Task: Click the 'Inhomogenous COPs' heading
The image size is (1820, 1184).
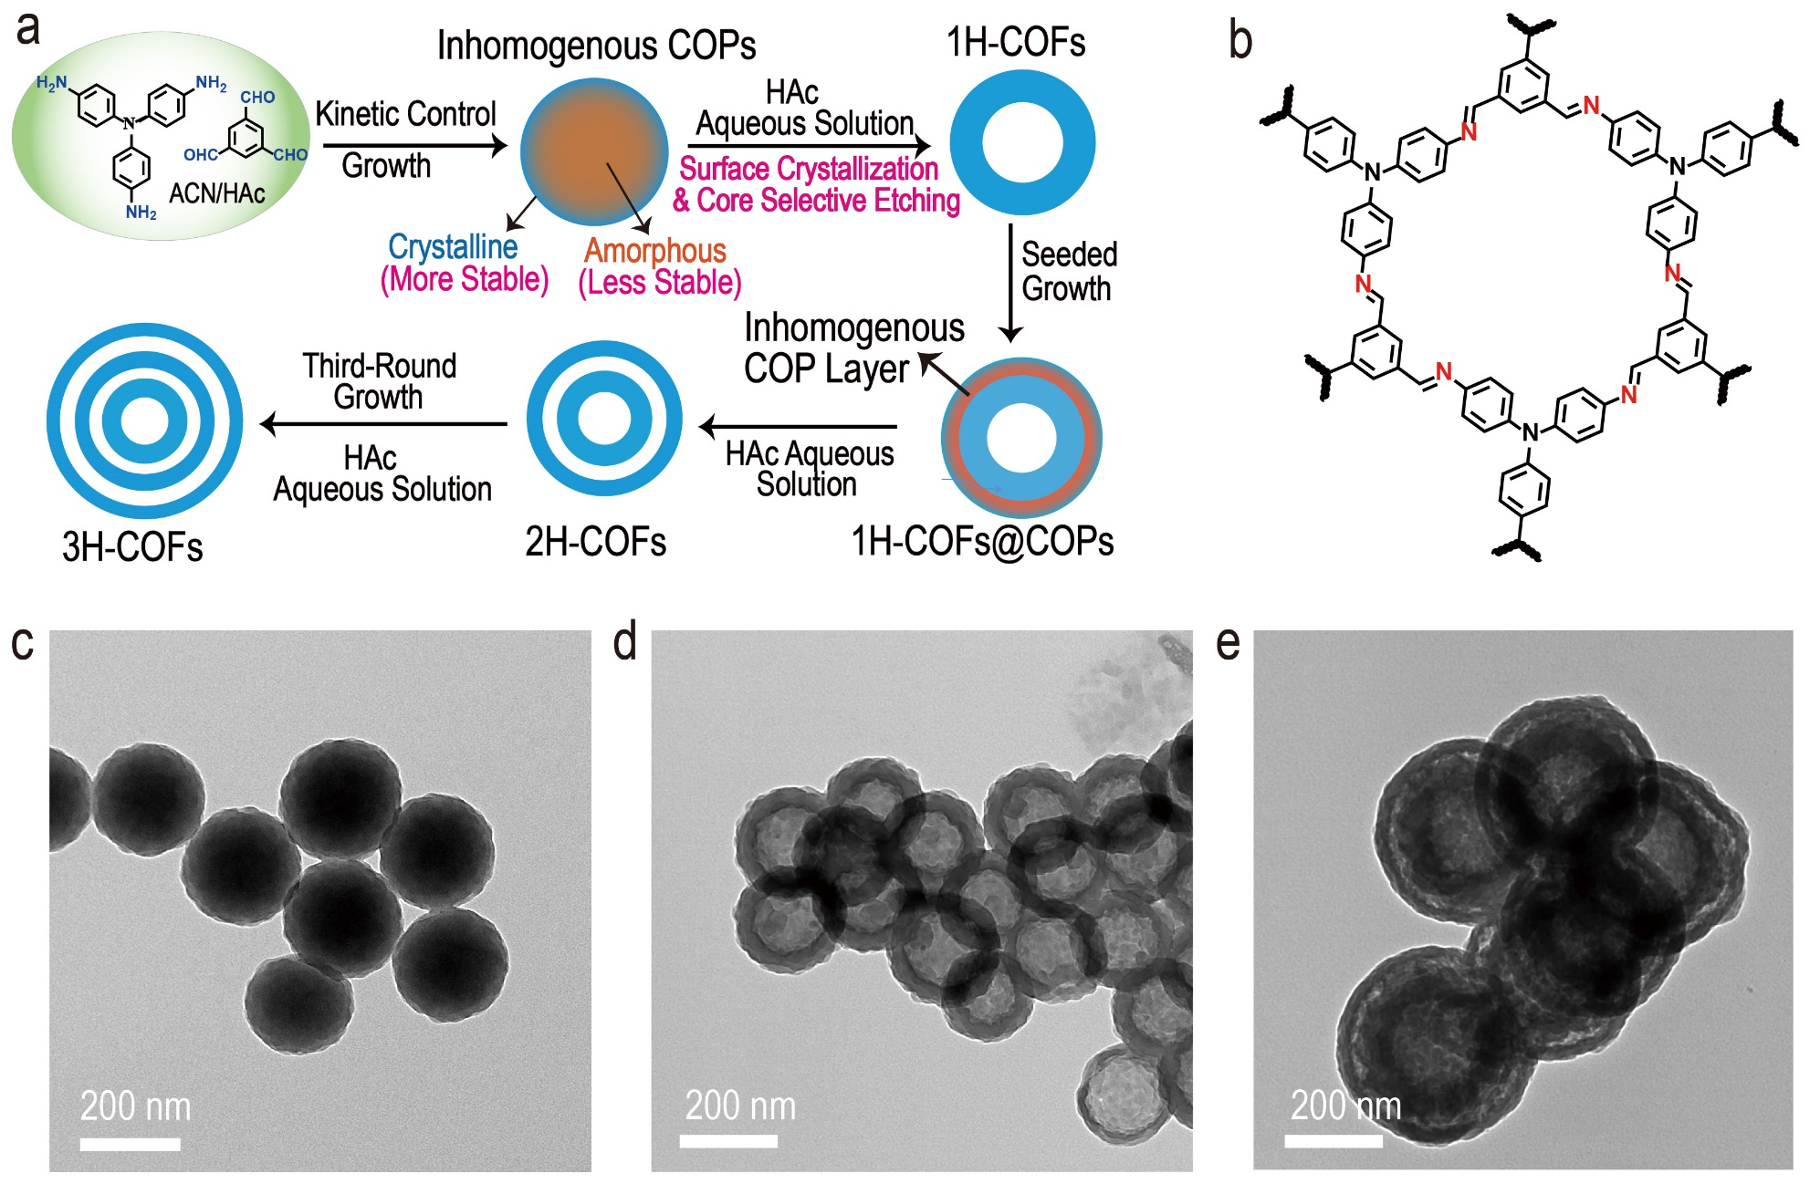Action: tap(596, 45)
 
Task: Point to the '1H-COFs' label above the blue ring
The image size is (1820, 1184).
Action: tap(1016, 42)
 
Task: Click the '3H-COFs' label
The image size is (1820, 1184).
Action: tap(132, 546)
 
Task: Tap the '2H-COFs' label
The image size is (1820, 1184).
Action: tap(595, 542)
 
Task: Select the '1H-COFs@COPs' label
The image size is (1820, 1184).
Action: tap(982, 542)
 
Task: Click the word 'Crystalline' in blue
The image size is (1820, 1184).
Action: tap(453, 246)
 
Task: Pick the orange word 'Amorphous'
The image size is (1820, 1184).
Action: tap(655, 250)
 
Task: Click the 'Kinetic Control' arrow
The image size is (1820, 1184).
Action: tap(414, 145)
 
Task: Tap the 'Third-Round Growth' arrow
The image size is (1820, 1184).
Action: tap(383, 424)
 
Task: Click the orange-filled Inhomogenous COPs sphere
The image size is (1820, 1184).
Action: tap(594, 151)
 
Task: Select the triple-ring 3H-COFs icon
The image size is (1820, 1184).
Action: tap(144, 421)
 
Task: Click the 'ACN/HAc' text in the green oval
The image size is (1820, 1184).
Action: tap(217, 193)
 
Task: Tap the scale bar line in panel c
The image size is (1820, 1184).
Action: tap(130, 1144)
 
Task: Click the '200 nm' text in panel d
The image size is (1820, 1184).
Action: tap(740, 1106)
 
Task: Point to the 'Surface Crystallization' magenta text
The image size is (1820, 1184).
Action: tap(809, 169)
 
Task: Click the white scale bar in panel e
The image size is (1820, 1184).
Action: tap(1333, 1140)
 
